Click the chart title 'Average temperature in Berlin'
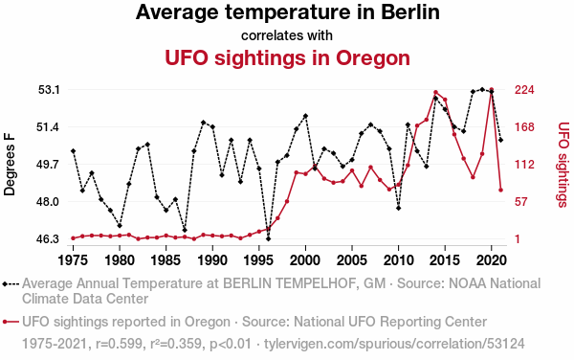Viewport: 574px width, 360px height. coord(287,12)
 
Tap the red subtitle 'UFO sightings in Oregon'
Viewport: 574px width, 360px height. coord(287,57)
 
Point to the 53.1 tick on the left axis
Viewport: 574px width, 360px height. coord(49,90)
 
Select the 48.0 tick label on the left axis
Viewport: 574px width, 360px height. coord(49,202)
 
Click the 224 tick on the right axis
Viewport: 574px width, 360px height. coord(524,90)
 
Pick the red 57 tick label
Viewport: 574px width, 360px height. coord(521,202)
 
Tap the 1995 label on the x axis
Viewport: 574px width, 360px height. coord(259,260)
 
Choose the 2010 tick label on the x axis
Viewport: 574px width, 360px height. coord(398,260)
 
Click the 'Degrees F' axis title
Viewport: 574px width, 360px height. coord(10,165)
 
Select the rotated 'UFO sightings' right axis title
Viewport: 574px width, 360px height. coord(563,165)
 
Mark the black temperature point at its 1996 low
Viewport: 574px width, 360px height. coord(268,238)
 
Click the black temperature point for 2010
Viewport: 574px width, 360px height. coord(398,208)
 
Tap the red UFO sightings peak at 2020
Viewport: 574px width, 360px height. coord(492,90)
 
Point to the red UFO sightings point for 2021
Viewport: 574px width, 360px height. coord(500,191)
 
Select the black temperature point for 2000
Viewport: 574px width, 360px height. coord(305,116)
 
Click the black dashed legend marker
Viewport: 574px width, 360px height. coord(11,283)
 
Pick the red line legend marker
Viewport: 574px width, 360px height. coord(11,322)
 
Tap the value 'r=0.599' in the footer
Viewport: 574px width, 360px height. coord(119,344)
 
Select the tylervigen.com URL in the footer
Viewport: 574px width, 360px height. coord(394,344)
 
